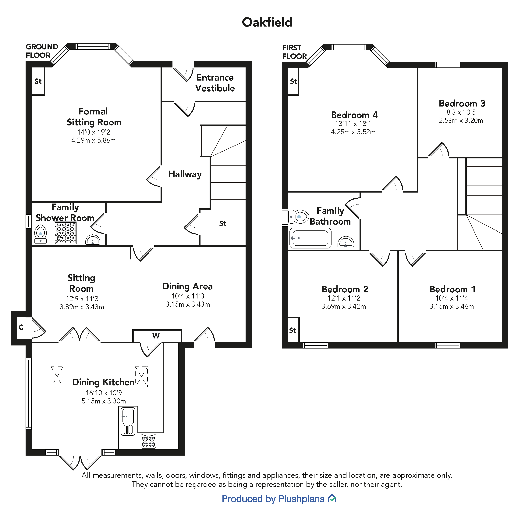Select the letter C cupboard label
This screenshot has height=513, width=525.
pyautogui.click(x=21, y=327)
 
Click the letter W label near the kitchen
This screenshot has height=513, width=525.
pyautogui.click(x=156, y=336)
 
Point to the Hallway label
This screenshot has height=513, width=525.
pyautogui.click(x=185, y=174)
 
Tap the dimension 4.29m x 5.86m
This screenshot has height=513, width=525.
pyautogui.click(x=93, y=140)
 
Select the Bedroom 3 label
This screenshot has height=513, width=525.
pyautogui.click(x=462, y=103)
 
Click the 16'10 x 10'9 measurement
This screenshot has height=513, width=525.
pyautogui.click(x=104, y=393)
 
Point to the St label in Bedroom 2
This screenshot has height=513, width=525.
pyautogui.click(x=293, y=330)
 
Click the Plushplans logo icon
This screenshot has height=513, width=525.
pyautogui.click(x=332, y=498)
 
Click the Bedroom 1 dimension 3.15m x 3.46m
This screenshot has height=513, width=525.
pyautogui.click(x=452, y=306)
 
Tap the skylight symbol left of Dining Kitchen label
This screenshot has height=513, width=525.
pyautogui.click(x=57, y=377)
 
